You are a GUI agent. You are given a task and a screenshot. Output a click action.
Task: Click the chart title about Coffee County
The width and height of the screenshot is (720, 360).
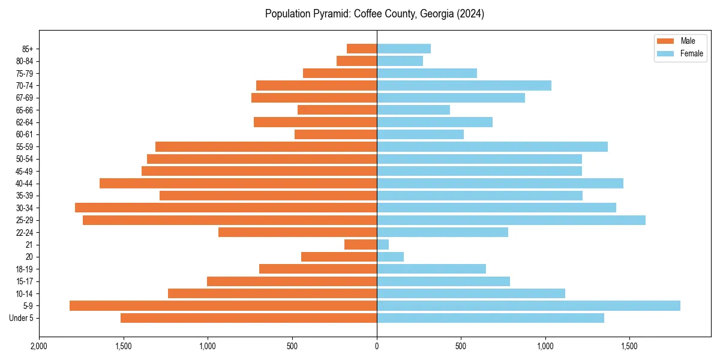pyautogui.click(x=374, y=14)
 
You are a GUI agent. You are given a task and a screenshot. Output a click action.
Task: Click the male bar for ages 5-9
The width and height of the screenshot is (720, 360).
pyautogui.click(x=223, y=305)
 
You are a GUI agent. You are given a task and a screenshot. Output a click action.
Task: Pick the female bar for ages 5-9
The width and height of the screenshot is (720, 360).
pyautogui.click(x=529, y=305)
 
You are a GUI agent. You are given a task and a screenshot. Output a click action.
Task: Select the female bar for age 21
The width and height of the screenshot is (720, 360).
pyautogui.click(x=383, y=244)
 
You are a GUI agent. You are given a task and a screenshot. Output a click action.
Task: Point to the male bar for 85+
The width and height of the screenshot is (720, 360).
pyautogui.click(x=362, y=49)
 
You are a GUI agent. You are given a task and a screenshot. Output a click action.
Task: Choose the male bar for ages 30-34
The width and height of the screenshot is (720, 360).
pyautogui.click(x=226, y=208)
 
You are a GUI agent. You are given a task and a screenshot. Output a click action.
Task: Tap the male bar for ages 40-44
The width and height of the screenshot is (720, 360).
pyautogui.click(x=238, y=183)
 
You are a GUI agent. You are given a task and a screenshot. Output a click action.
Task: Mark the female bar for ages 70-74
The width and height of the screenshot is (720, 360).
pyautogui.click(x=464, y=85)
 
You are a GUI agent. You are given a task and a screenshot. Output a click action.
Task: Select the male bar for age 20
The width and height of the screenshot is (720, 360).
pyautogui.click(x=339, y=257)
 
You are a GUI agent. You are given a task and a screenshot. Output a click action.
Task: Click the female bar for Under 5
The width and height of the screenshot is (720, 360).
pyautogui.click(x=490, y=318)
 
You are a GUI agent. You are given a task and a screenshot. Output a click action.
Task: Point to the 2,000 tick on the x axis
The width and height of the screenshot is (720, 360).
pyautogui.click(x=39, y=346)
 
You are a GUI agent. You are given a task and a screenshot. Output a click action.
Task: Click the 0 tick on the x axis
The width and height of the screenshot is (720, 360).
pyautogui.click(x=377, y=346)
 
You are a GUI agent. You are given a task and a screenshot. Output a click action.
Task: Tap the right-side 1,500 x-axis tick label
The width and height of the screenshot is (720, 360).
pyautogui.click(x=629, y=346)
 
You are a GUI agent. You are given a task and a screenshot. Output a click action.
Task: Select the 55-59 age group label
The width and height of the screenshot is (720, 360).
pyautogui.click(x=24, y=146)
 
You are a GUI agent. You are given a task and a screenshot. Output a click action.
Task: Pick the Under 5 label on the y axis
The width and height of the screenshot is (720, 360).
pyautogui.click(x=21, y=318)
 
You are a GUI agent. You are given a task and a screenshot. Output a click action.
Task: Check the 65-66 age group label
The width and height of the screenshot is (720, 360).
pyautogui.click(x=24, y=110)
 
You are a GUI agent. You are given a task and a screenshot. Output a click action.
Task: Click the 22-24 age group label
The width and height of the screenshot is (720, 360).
pyautogui.click(x=24, y=232)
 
